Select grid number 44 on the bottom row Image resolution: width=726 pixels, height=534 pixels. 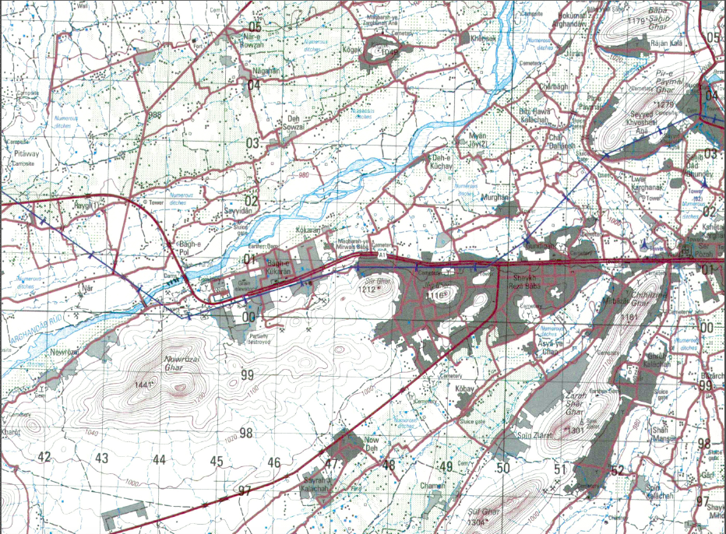coord(159,460)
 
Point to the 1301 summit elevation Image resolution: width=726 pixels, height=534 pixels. coord(576,430)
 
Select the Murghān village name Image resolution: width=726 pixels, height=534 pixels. coord(495,198)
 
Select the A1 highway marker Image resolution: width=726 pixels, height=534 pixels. coord(382,254)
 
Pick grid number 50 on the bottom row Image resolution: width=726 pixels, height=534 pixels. coord(503,468)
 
